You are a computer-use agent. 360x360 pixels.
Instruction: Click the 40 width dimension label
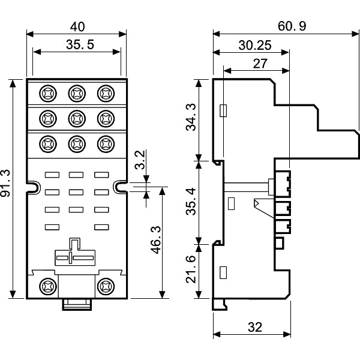[x=76, y=27]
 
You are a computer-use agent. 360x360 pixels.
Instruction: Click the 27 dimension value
[x=260, y=64]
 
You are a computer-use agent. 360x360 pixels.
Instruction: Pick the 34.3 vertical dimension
[x=191, y=118]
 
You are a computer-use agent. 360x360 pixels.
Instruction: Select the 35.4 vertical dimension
[x=191, y=202]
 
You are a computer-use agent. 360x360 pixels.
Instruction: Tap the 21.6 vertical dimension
[x=191, y=271]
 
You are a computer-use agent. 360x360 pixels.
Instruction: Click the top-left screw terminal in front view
[x=47, y=93]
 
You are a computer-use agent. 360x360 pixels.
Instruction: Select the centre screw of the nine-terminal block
[x=76, y=118]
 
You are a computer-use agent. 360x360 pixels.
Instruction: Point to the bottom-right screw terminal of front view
[x=106, y=286]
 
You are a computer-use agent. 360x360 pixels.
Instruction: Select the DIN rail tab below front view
[x=76, y=304]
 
